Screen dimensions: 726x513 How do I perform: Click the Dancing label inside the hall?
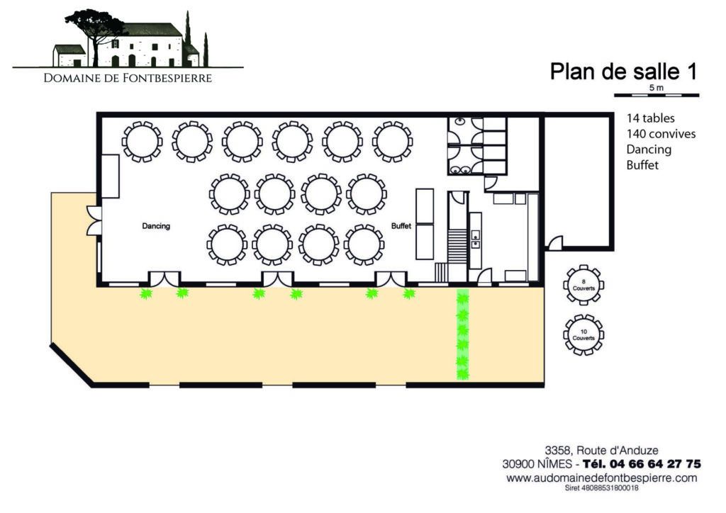click(x=156, y=226)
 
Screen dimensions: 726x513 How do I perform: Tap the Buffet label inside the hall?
click(x=401, y=226)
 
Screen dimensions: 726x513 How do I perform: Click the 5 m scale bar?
click(x=657, y=95)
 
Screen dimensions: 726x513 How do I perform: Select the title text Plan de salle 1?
click(x=623, y=72)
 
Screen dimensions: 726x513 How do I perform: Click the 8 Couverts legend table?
click(x=583, y=285)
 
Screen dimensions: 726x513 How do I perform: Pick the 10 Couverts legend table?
click(x=583, y=335)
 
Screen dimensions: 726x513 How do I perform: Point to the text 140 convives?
click(x=661, y=134)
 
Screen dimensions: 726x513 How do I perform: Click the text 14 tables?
click(x=651, y=118)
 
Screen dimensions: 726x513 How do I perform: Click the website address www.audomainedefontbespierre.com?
click(x=601, y=478)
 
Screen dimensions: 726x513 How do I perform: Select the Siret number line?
click(x=601, y=488)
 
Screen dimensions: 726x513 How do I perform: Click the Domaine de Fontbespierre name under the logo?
click(x=128, y=78)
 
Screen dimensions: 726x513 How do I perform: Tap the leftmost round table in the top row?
click(x=142, y=142)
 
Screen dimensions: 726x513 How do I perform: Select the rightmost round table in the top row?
click(x=393, y=142)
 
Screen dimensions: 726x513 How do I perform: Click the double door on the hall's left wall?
click(x=94, y=220)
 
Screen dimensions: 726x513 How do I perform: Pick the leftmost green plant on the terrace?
click(x=146, y=293)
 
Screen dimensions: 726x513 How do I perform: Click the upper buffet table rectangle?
click(x=425, y=206)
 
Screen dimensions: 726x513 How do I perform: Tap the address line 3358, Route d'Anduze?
click(x=601, y=450)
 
